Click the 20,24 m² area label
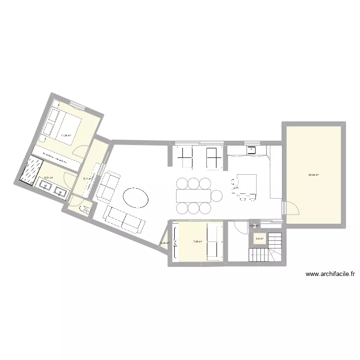point(314,175)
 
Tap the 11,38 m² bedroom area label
point(66,136)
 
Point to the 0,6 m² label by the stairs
point(259,239)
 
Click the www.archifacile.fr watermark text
point(330,275)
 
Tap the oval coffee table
point(135,197)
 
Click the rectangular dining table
point(193,196)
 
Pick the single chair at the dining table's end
point(217,196)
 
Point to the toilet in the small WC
point(86,209)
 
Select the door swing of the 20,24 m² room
point(292,208)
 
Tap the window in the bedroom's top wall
point(76,105)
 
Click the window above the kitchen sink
point(252,143)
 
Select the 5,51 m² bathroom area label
point(48,178)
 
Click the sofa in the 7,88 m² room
point(213,242)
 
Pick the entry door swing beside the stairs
point(237,228)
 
